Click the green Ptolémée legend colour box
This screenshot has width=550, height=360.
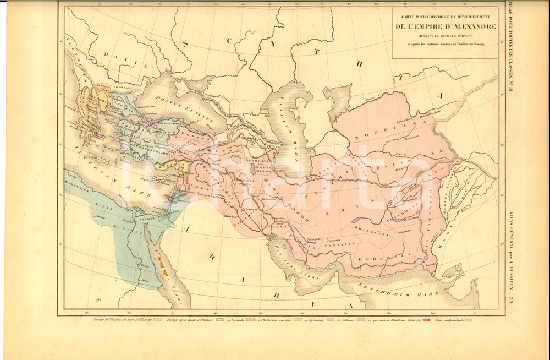click(x=220, y=319)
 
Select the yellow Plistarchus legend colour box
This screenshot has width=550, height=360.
click(x=300, y=319)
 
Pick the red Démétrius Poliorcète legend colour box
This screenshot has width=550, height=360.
click(x=425, y=319)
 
